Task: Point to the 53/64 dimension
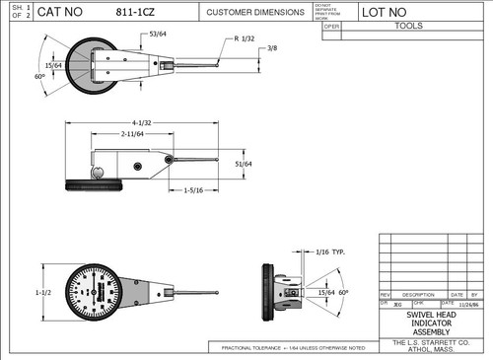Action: pos(158,36)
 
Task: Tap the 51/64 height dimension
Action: pos(243,164)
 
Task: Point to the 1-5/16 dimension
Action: pos(193,190)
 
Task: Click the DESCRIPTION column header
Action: pos(418,295)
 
